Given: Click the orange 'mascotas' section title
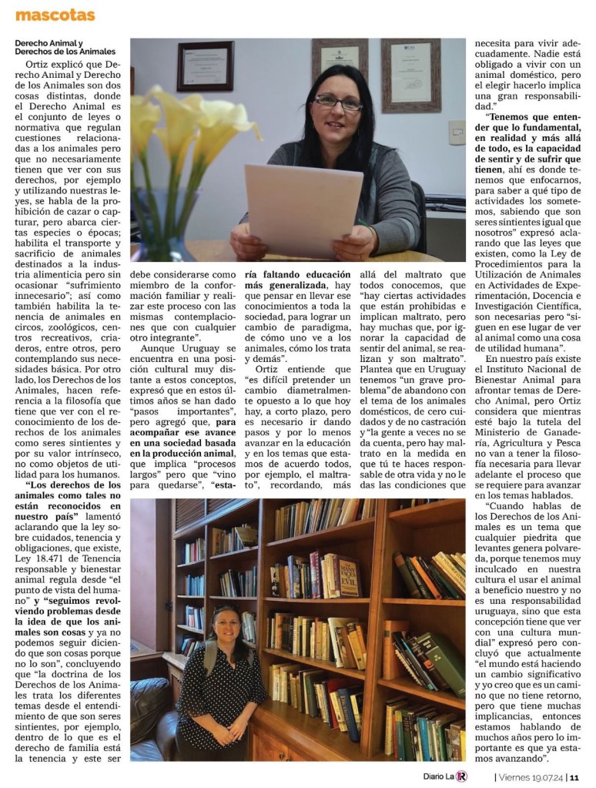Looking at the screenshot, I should click(x=55, y=15).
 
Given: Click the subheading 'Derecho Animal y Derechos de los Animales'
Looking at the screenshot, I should click(x=65, y=47).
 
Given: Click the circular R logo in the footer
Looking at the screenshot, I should click(x=460, y=776).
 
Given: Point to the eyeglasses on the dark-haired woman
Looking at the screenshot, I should click(x=337, y=102).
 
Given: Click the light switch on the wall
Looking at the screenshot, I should click(x=456, y=132).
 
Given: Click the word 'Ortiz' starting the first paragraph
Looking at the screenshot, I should click(x=40, y=66).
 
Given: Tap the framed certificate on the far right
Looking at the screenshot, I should click(x=410, y=74).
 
